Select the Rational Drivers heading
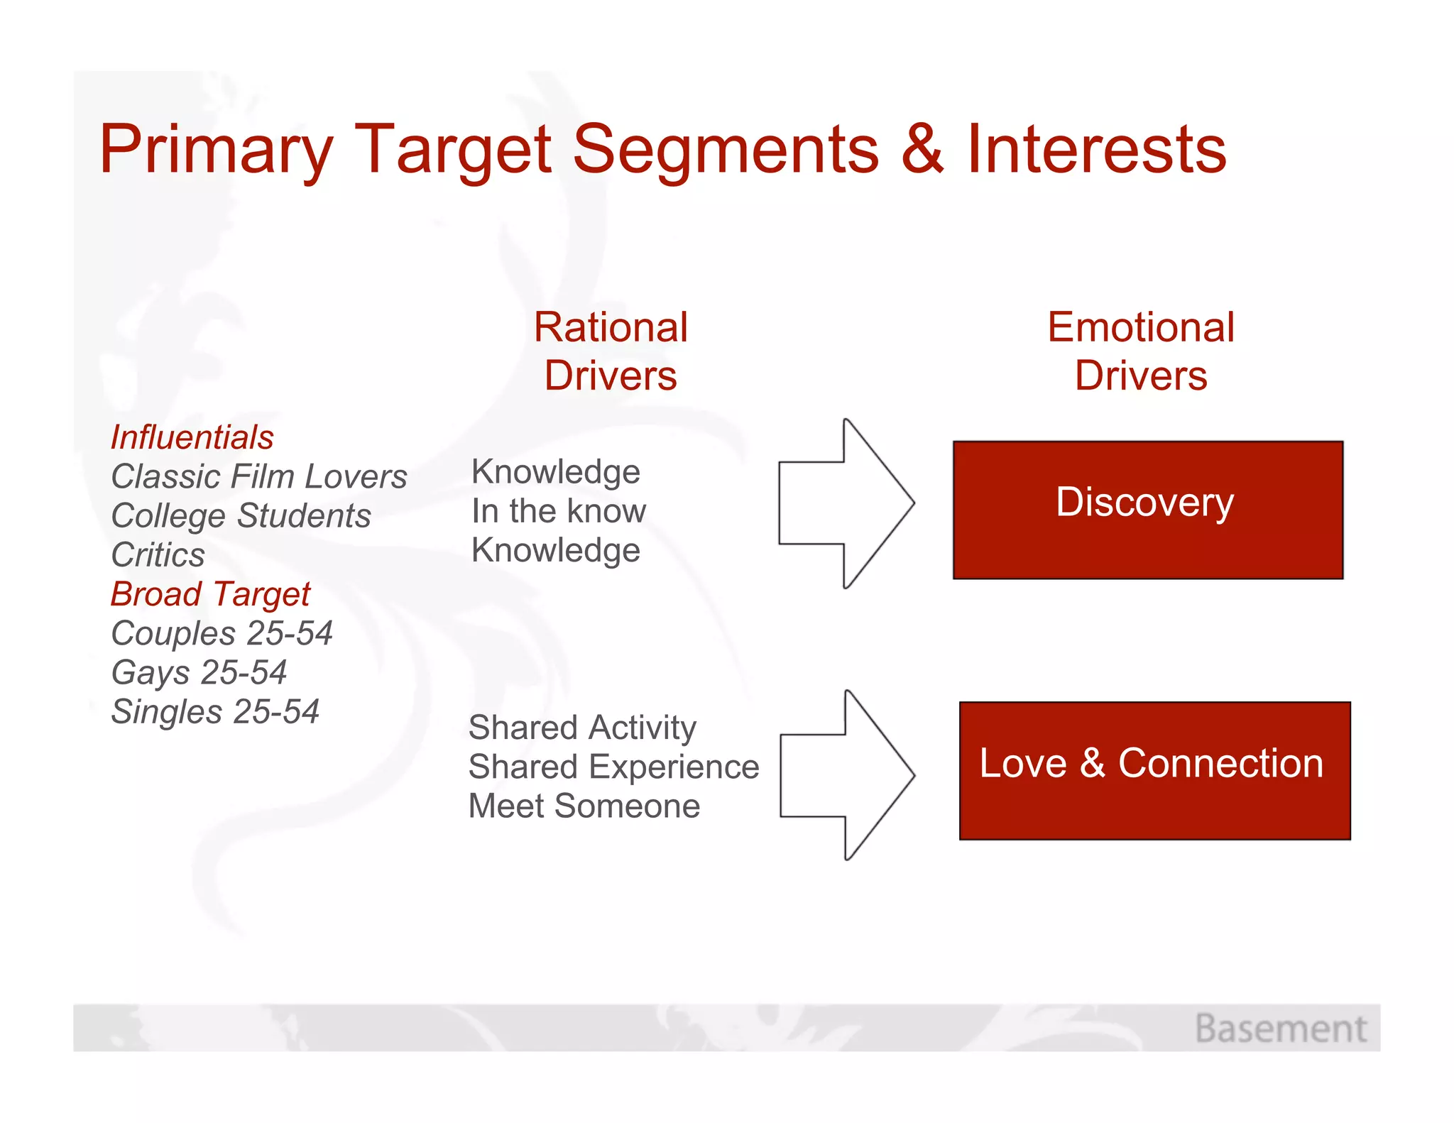(x=611, y=351)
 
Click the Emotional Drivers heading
(x=1141, y=351)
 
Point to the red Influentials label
(x=192, y=437)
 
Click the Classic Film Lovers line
(x=259, y=476)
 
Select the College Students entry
(x=241, y=516)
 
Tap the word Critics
(x=158, y=555)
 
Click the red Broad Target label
(x=211, y=594)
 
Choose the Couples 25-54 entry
(x=222, y=633)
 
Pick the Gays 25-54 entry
(x=199, y=673)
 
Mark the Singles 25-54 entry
(x=215, y=712)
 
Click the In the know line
(x=559, y=511)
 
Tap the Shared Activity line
(x=582, y=728)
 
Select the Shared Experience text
(x=613, y=767)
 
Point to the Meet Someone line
(x=584, y=806)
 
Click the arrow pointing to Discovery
(x=845, y=503)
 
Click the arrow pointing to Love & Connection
(x=846, y=775)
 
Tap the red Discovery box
(x=1147, y=510)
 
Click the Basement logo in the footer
(x=1280, y=1029)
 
